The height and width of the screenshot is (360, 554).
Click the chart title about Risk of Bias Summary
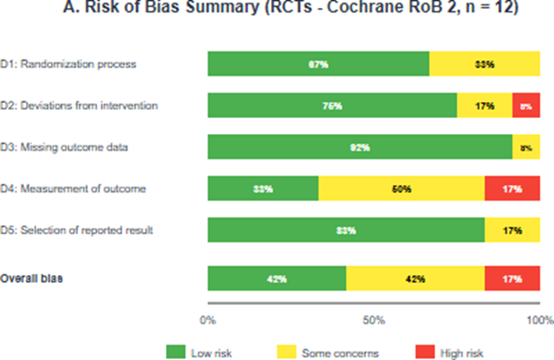(278, 12)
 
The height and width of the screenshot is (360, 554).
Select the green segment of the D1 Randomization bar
(318, 65)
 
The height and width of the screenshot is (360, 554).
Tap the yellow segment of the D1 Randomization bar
(484, 65)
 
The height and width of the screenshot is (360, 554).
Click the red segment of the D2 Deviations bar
(526, 106)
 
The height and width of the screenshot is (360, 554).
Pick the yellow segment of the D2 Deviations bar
(484, 106)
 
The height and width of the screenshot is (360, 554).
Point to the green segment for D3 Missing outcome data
(359, 147)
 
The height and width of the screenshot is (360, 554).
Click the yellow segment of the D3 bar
(526, 147)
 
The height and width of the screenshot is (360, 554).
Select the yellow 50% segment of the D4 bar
(401, 189)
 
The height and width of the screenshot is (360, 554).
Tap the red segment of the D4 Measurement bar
(511, 189)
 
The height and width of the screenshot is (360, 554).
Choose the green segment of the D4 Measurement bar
(262, 189)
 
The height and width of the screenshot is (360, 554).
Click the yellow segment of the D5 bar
(511, 231)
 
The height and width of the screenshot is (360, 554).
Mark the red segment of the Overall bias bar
(511, 278)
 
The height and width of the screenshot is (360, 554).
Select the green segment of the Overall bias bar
(277, 278)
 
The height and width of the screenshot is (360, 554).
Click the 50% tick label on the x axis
(373, 318)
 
